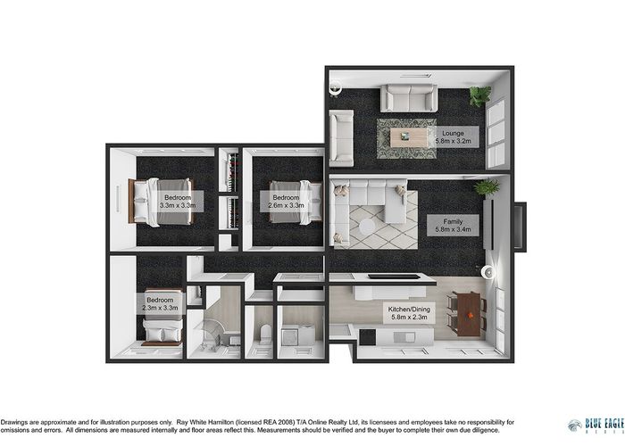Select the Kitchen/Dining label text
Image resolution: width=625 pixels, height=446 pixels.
(407, 312)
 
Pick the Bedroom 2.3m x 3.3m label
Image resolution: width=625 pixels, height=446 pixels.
(162, 303)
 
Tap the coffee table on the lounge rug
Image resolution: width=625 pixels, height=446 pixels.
(407, 137)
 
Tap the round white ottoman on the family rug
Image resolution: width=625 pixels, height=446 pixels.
(367, 227)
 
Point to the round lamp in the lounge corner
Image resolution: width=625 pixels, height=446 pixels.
(336, 87)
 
